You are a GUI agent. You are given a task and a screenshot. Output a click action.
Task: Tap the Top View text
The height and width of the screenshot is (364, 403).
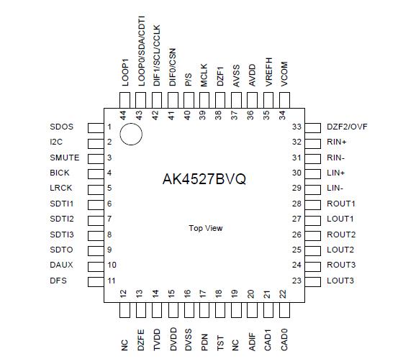point(206,228)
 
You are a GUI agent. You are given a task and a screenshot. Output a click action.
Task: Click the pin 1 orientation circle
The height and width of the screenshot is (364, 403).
point(131,134)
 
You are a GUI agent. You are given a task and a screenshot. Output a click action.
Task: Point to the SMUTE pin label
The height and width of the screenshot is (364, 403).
point(65,158)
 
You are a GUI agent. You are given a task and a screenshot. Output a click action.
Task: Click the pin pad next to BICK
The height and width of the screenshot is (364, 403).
point(94,173)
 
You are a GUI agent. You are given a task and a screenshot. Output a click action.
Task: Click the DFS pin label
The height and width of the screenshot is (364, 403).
point(59,281)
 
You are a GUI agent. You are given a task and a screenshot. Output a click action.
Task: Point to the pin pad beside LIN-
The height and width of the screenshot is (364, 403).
point(314,188)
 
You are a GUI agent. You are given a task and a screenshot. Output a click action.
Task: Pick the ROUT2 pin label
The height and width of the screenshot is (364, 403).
point(340,235)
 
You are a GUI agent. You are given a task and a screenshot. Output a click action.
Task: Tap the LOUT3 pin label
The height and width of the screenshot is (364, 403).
point(340,281)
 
